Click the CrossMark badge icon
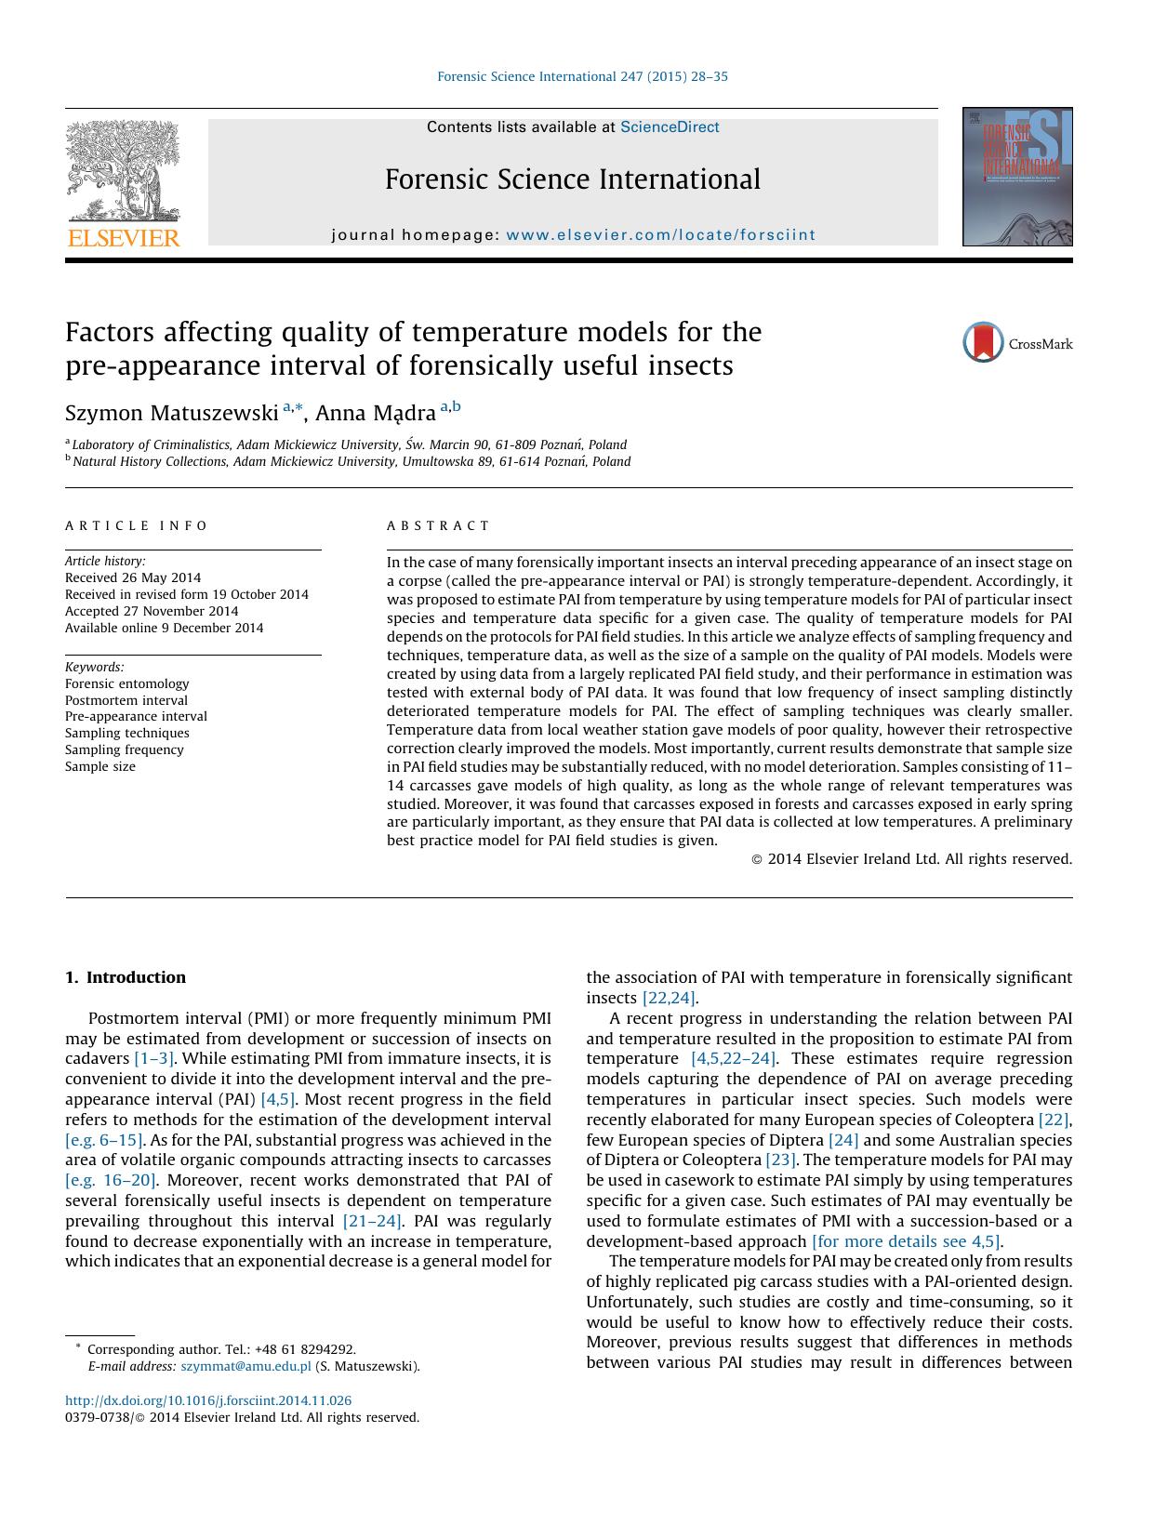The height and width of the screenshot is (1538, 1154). [x=983, y=342]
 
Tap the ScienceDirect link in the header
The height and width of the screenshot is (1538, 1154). [x=670, y=127]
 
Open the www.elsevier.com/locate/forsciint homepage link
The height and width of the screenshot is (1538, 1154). [x=660, y=235]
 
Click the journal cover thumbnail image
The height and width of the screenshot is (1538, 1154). [x=1017, y=177]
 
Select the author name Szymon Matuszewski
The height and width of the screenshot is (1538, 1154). [x=172, y=412]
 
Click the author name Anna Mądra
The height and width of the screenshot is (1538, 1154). [x=376, y=412]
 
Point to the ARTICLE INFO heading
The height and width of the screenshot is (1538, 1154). [x=137, y=525]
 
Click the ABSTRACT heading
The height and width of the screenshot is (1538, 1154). [x=438, y=525]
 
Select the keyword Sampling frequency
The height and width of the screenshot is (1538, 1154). [x=125, y=749]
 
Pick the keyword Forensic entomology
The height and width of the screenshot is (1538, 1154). [x=126, y=683]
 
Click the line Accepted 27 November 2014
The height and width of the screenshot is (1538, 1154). [x=152, y=611]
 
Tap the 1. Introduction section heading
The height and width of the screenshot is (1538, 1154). [x=126, y=977]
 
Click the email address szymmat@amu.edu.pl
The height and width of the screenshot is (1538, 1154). [x=245, y=1366]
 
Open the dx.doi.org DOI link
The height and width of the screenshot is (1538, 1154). [x=208, y=1400]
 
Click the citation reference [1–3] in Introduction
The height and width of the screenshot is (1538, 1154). [x=154, y=1058]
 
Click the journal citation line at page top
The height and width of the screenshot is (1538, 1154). [x=582, y=76]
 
